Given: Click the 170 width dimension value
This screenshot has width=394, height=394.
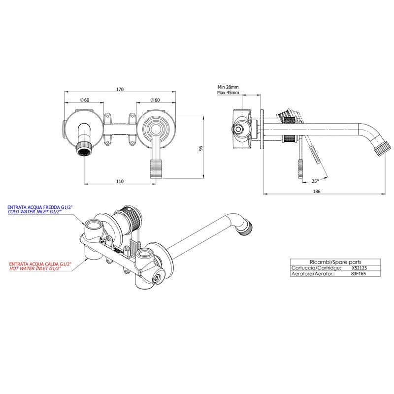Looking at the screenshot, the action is [x=120, y=89].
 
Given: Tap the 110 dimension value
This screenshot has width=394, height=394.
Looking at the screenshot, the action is [x=120, y=181].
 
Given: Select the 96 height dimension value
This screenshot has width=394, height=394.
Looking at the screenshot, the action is [x=200, y=148].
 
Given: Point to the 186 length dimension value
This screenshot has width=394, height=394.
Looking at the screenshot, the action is [x=317, y=191].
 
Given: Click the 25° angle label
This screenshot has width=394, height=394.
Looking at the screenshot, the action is [x=315, y=181].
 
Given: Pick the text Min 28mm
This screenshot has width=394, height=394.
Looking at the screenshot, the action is [x=228, y=87].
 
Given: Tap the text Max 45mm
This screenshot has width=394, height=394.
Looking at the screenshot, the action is [x=228, y=93].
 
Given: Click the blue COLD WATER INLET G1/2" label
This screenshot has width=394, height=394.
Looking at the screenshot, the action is [x=34, y=212].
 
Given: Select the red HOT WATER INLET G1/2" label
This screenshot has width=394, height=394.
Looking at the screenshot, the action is [x=35, y=268].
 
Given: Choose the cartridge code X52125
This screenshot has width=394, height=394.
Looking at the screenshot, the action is [x=360, y=268].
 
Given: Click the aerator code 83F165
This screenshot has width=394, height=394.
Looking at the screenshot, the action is [x=359, y=274].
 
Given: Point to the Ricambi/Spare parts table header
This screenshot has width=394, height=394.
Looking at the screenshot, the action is [x=335, y=262].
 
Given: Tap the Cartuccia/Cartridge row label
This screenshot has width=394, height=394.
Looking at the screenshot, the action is [x=316, y=268].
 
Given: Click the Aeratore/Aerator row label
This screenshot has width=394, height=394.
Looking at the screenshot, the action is [x=313, y=274].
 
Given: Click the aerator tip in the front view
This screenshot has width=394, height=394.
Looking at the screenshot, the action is [x=84, y=152].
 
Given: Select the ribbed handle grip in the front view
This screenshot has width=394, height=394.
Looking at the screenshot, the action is [x=156, y=168].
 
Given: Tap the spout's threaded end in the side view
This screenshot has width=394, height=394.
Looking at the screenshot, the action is [x=383, y=149].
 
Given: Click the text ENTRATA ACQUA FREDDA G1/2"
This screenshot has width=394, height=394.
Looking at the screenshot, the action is [x=40, y=207].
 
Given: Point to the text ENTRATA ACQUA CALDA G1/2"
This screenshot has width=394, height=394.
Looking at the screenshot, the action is [x=40, y=264].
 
